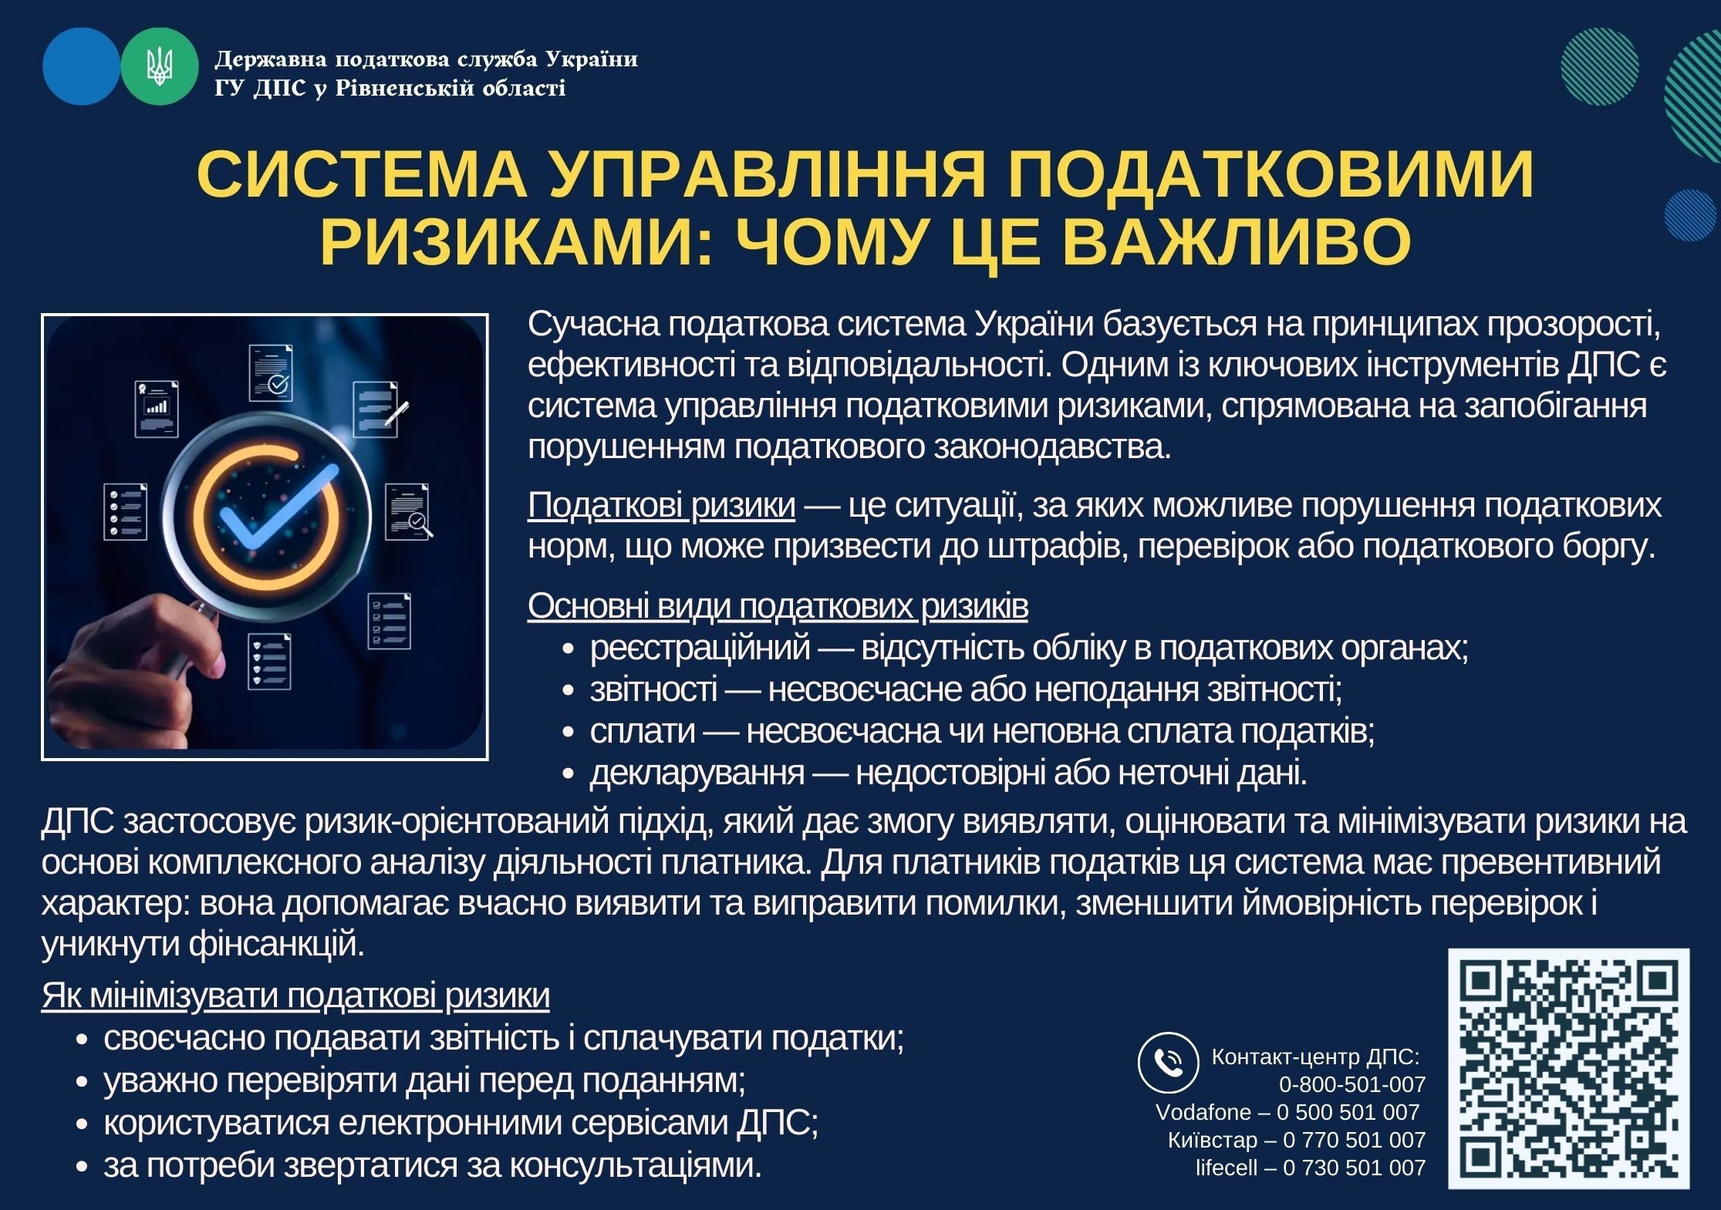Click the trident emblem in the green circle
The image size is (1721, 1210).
[x=160, y=66]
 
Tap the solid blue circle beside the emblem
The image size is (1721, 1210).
[x=81, y=66]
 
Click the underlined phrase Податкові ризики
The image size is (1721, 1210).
[x=661, y=505]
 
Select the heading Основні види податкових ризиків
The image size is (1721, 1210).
[x=778, y=606]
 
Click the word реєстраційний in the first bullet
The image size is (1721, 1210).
[x=700, y=648]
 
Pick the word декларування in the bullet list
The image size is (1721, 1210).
[x=697, y=772]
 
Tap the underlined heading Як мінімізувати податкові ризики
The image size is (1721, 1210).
[x=295, y=995]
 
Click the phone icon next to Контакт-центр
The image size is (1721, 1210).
[x=1168, y=1062]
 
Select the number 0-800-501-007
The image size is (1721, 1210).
[x=1352, y=1084]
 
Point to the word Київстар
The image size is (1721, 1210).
[x=1212, y=1140]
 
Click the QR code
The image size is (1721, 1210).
[x=1568, y=1068]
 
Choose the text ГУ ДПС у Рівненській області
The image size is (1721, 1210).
[x=390, y=88]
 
